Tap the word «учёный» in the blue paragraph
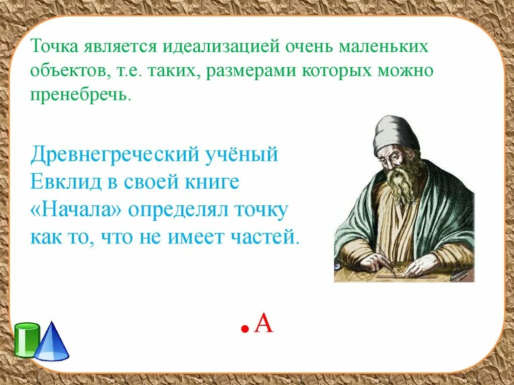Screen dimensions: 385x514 246,154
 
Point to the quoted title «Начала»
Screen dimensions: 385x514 76,209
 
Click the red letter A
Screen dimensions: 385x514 264,323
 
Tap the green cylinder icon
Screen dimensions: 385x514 27,340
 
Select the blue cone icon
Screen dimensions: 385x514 52,342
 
